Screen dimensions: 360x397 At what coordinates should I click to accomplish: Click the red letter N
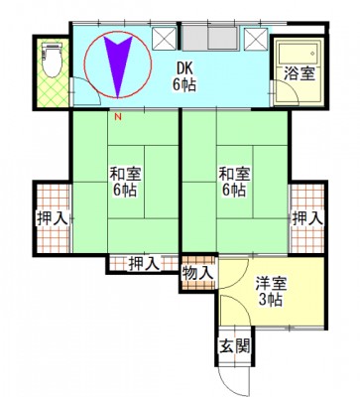pyautogui.click(x=118, y=116)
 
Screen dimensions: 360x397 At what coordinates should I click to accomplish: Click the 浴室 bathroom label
pyautogui.click(x=299, y=73)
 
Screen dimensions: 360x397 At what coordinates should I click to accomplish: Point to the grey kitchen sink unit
pyautogui.click(x=210, y=39)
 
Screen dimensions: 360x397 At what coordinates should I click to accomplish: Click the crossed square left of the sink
pyautogui.click(x=165, y=39)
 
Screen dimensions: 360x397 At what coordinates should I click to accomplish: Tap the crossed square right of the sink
pyautogui.click(x=256, y=39)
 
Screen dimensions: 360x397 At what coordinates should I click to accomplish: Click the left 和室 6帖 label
pyautogui.click(x=125, y=183)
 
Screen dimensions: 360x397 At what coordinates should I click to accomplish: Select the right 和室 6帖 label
pyautogui.click(x=234, y=183)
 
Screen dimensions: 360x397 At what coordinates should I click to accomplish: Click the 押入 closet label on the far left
pyautogui.click(x=53, y=219)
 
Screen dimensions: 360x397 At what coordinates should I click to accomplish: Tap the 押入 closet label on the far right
pyautogui.click(x=307, y=218)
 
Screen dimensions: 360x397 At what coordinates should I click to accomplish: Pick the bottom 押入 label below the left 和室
pyautogui.click(x=144, y=264)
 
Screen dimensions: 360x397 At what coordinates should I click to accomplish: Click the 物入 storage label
pyautogui.click(x=198, y=273)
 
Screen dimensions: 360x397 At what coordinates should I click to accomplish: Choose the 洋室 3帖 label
pyautogui.click(x=271, y=292)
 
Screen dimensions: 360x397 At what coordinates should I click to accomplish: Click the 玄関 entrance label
pyautogui.click(x=235, y=346)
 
